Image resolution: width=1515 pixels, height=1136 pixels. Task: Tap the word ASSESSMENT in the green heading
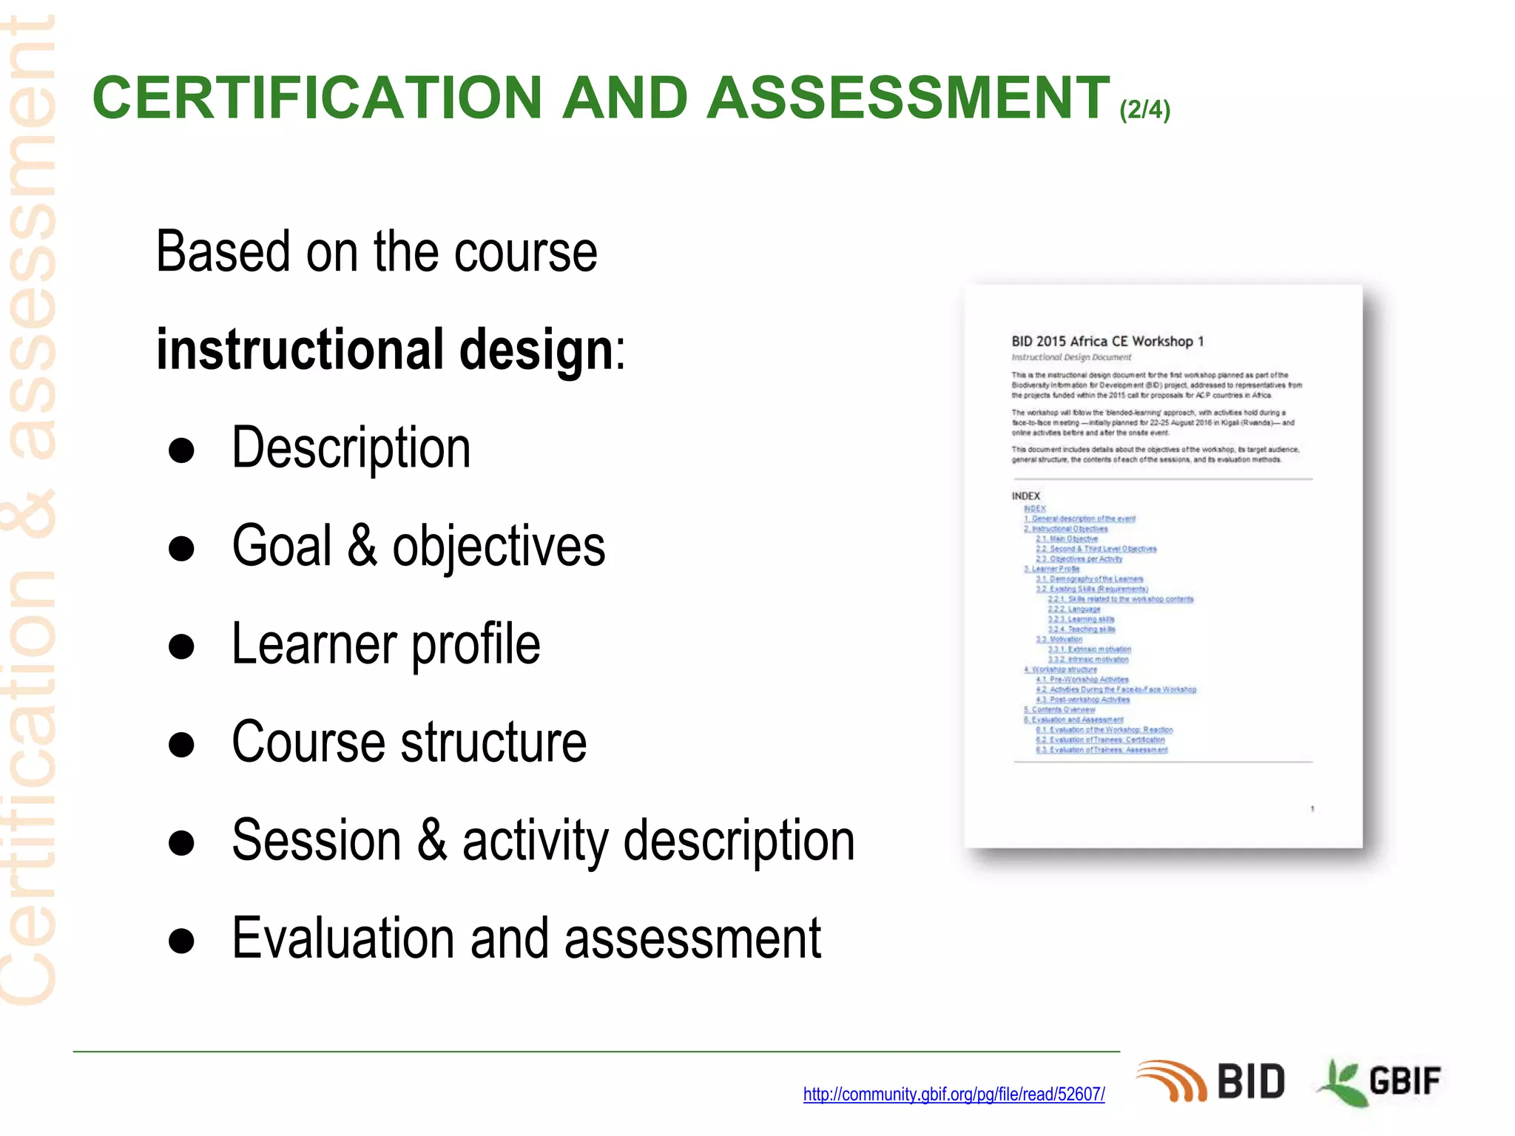click(x=908, y=98)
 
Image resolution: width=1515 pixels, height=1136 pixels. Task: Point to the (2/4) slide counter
click(x=1144, y=110)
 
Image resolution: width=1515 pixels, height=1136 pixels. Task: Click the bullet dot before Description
click(x=181, y=450)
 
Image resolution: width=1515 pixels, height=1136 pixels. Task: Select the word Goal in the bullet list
click(x=282, y=546)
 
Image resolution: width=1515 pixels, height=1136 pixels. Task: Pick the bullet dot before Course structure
click(x=181, y=745)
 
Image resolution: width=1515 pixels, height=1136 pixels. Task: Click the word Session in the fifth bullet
click(x=316, y=840)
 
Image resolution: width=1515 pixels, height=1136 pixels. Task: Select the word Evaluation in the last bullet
click(x=343, y=938)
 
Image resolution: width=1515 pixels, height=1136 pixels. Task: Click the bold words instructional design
click(x=385, y=349)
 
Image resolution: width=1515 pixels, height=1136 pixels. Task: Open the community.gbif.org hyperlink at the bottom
click(x=954, y=1094)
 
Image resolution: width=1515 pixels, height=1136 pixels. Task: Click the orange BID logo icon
click(x=1171, y=1081)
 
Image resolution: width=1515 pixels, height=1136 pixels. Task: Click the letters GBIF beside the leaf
click(x=1404, y=1081)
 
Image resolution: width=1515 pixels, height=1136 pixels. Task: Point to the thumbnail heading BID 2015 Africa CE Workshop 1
click(x=1107, y=341)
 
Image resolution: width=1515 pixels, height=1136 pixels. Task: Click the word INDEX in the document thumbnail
click(x=1025, y=496)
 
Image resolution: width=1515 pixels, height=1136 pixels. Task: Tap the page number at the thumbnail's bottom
click(x=1312, y=808)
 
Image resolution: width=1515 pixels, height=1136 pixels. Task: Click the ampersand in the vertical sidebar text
click(x=30, y=510)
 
